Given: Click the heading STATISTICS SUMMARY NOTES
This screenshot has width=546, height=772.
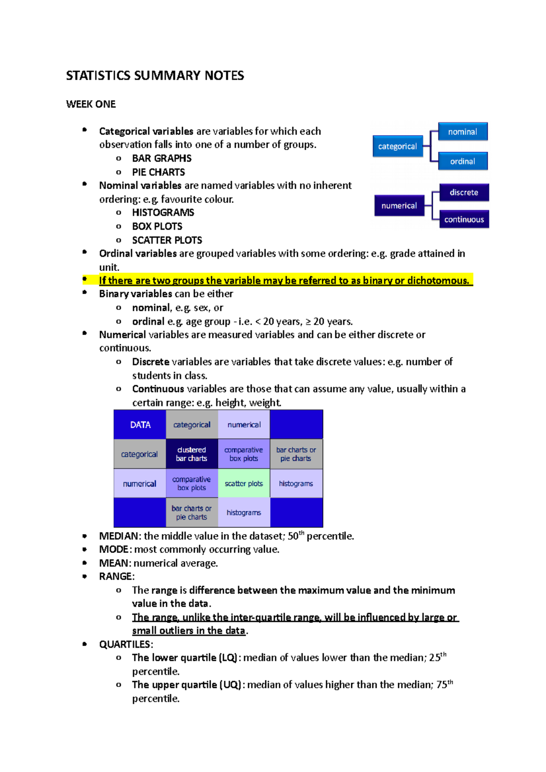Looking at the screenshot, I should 155,75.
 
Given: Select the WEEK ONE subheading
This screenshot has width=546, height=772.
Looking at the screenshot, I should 91,104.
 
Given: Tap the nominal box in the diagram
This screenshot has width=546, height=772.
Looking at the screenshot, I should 463,132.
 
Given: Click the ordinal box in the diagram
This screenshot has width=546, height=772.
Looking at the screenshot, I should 463,161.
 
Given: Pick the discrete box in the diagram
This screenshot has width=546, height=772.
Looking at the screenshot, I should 464,192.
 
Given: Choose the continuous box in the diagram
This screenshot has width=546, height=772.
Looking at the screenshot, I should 464,220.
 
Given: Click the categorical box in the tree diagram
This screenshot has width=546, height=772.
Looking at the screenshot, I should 398,146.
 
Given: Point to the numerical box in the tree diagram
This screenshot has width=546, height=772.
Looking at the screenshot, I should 399,206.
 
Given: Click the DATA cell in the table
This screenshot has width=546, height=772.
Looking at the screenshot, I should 140,425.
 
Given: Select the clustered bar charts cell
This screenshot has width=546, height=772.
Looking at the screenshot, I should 192,454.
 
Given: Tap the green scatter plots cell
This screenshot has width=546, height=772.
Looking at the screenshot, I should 244,484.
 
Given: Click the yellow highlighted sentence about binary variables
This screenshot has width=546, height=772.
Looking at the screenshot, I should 284,281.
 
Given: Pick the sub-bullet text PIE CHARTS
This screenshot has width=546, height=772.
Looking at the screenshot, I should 158,172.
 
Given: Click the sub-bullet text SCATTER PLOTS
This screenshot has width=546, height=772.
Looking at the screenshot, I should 167,240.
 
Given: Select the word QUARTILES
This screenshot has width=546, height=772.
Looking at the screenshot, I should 125,645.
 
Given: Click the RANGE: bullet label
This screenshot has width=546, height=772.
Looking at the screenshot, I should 116,576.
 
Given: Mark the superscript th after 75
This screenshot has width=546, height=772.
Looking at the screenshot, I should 450,682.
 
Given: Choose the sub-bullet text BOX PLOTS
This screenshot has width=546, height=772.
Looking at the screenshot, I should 157,226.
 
